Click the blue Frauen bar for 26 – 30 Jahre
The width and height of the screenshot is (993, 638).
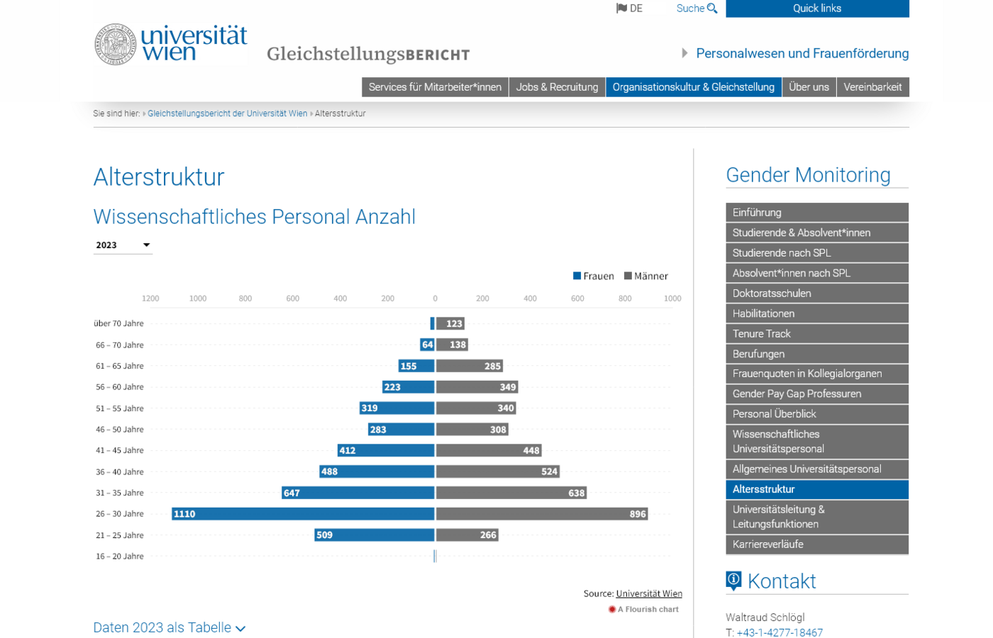[303, 514]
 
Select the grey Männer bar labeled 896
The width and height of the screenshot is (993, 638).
[541, 514]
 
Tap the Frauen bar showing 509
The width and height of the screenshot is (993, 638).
[374, 535]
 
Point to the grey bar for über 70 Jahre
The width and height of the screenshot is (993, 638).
[450, 324]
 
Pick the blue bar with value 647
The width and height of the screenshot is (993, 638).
[357, 493]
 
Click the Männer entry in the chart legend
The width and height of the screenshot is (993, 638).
[646, 276]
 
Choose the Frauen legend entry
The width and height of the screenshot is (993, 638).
[594, 276]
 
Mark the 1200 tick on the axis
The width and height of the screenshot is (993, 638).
[150, 298]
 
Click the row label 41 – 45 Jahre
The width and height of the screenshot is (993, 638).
[119, 450]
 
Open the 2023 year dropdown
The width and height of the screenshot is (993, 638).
[123, 245]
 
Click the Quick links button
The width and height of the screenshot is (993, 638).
[817, 9]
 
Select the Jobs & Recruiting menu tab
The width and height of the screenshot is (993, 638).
[557, 87]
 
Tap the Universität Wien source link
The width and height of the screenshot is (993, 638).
[649, 594]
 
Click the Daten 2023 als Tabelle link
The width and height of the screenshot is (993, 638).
[169, 628]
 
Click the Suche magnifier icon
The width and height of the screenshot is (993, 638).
[712, 9]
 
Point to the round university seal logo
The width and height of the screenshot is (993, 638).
[115, 44]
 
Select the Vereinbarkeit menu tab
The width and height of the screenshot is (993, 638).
[872, 87]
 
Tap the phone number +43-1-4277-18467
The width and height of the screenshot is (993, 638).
[780, 632]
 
